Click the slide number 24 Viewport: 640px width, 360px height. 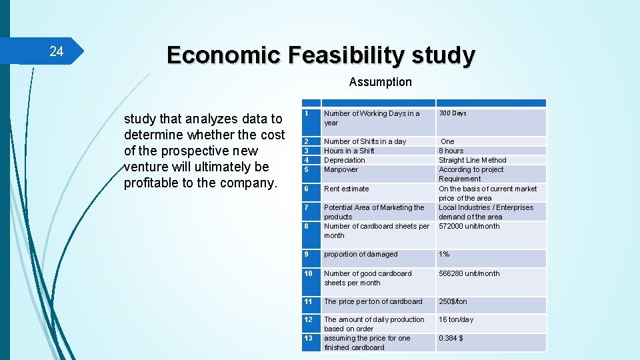[x=57, y=51]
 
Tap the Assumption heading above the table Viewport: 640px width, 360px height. [x=380, y=82]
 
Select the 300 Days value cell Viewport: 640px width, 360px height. [x=453, y=113]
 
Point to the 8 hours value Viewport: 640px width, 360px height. [x=451, y=151]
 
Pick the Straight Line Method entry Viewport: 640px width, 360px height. [x=472, y=160]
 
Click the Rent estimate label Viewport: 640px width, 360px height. [x=346, y=189]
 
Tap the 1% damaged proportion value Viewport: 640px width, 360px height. [x=444, y=254]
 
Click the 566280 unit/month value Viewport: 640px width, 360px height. [x=469, y=273]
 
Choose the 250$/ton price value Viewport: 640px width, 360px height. [x=453, y=301]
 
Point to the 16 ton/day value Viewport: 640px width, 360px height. [x=455, y=319]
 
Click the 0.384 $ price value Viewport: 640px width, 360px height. [x=451, y=338]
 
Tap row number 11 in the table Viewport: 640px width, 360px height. [x=309, y=301]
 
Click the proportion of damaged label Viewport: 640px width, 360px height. [x=361, y=254]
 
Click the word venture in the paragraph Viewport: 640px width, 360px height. [x=147, y=167]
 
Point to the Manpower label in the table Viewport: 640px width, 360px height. [x=341, y=169]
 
